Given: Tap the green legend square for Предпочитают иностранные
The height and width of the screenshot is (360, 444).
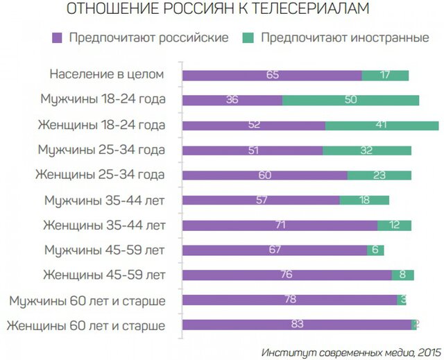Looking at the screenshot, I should (x=249, y=37).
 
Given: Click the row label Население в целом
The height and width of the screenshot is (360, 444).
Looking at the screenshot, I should (x=108, y=74).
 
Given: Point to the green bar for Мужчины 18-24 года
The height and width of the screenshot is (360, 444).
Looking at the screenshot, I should (x=350, y=100).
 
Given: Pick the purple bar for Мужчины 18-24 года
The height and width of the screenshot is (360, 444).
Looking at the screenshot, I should (x=232, y=100).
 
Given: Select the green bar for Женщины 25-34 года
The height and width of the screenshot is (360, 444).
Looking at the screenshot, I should (x=379, y=175).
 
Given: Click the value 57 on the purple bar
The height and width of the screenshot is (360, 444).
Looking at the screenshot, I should (x=262, y=200).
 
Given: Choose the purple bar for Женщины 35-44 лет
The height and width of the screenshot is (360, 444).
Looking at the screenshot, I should (x=280, y=225).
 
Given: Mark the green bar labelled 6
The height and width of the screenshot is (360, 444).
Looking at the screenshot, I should (x=375, y=250).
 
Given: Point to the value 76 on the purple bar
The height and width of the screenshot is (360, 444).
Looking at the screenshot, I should (x=285, y=275).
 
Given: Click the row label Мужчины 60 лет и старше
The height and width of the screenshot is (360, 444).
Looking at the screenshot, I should (x=87, y=300).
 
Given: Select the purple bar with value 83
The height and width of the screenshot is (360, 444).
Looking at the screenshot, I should (x=297, y=325).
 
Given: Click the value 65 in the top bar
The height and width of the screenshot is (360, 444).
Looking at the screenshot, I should (x=272, y=75).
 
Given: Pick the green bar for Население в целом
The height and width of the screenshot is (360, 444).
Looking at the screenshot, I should (x=385, y=75).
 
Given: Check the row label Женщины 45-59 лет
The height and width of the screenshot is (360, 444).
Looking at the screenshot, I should (x=104, y=275).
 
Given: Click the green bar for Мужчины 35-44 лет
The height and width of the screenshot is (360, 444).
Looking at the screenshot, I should (x=364, y=200).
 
